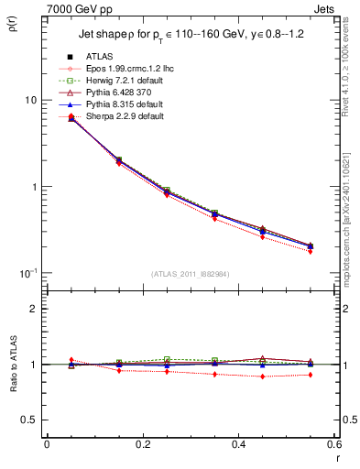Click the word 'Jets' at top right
(324, 9)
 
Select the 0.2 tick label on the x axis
(142, 444)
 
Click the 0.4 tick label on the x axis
(238, 444)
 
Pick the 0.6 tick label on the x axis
(334, 444)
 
